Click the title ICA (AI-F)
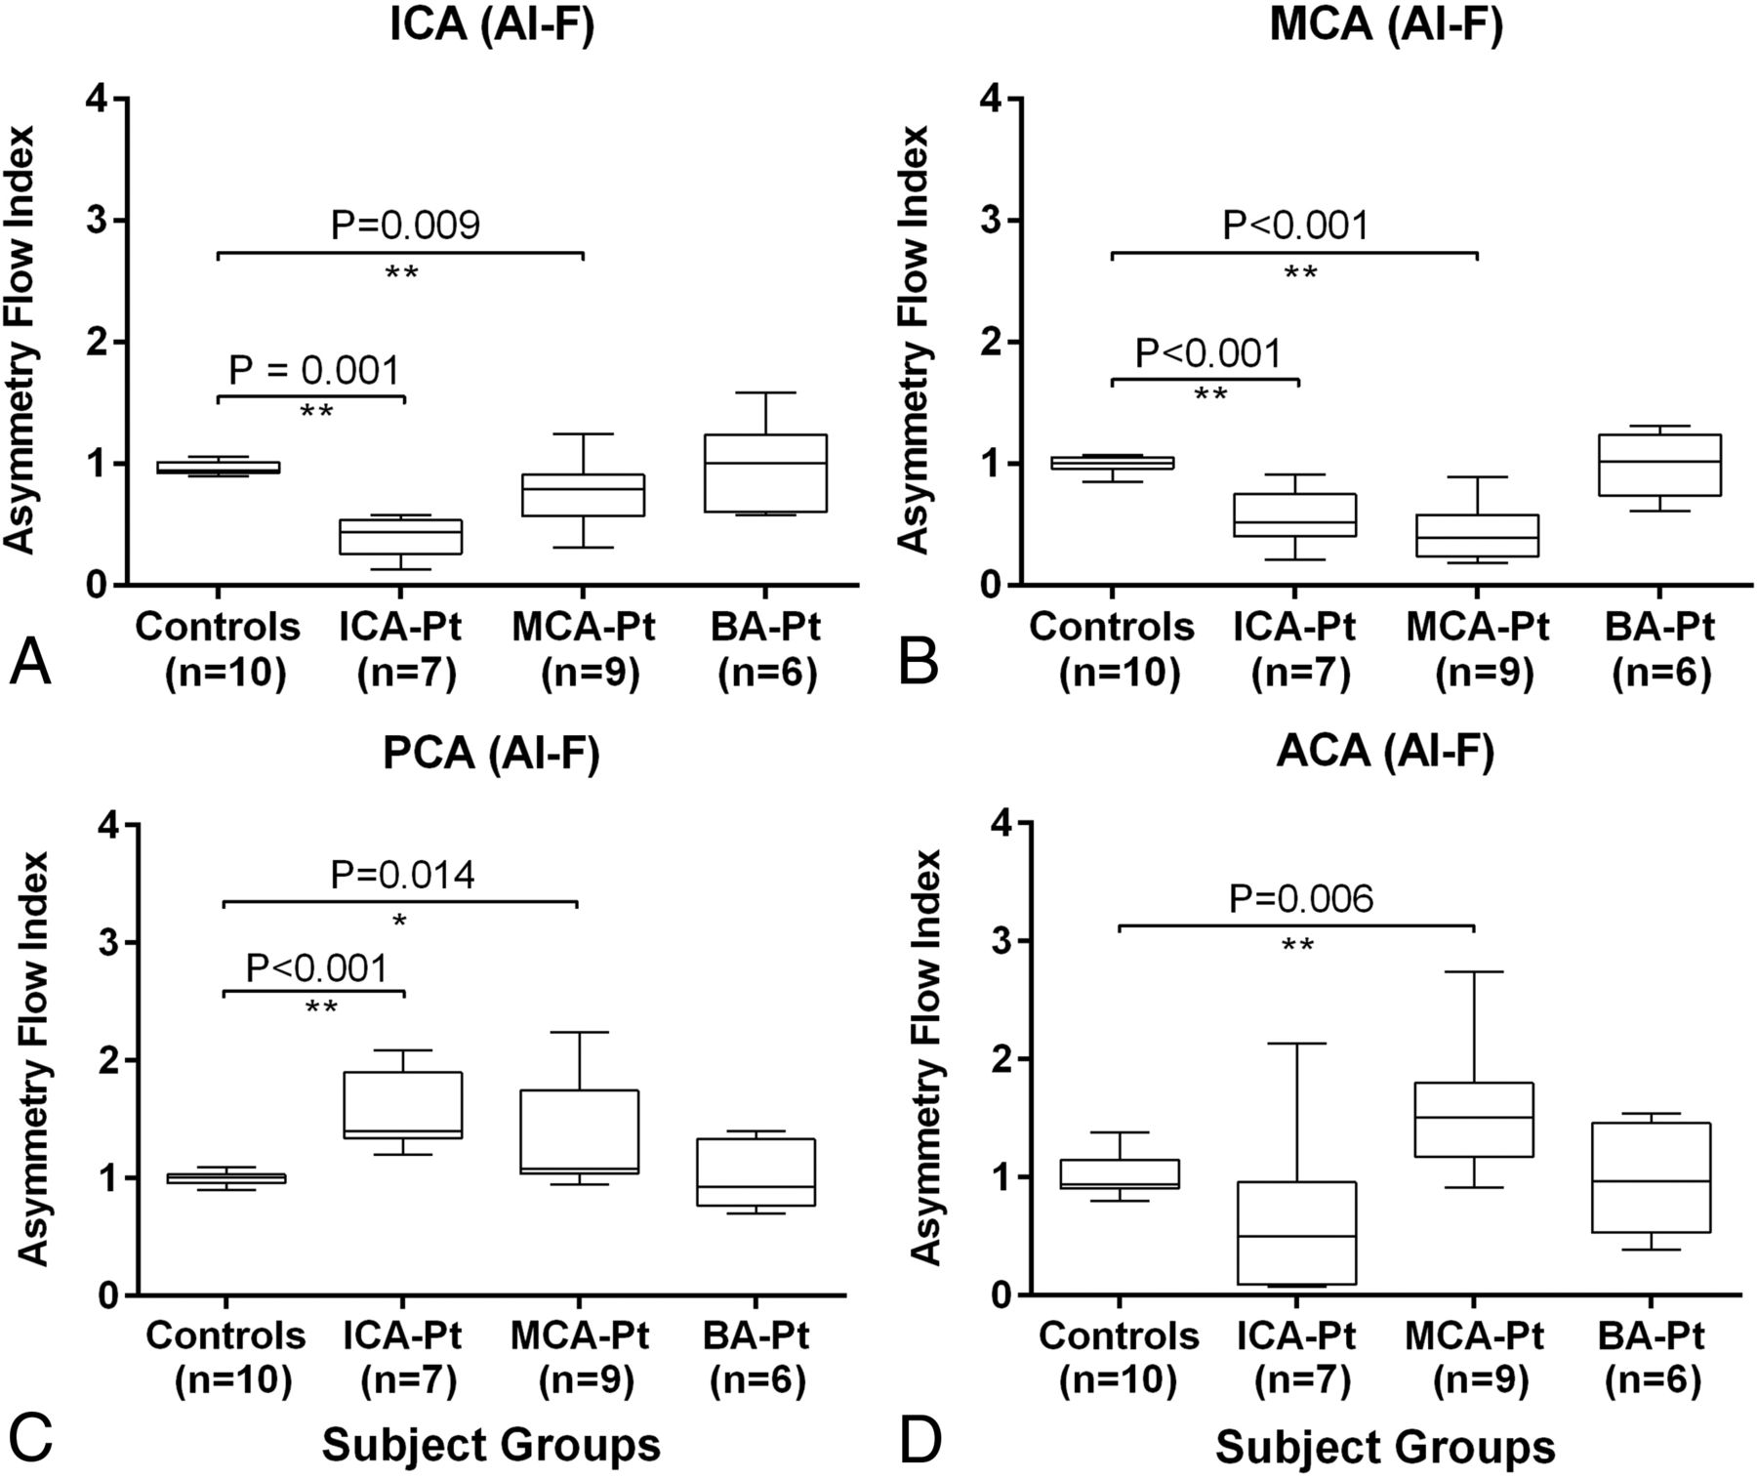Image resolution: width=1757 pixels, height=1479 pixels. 491,24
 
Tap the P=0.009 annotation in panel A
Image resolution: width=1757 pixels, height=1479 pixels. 405,226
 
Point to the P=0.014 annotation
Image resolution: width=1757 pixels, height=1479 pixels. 402,876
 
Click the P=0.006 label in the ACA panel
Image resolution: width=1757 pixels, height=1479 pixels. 1300,899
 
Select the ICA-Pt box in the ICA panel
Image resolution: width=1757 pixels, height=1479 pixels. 400,536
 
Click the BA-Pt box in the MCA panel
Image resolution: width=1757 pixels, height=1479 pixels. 1660,465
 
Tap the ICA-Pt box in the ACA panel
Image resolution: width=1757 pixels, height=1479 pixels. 1297,1233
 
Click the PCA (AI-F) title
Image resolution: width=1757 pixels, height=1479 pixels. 491,755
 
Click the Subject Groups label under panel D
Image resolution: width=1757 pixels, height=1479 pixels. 1384,1447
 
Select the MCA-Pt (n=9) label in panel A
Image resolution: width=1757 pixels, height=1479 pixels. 583,650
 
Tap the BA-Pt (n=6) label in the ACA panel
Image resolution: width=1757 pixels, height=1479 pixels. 1651,1358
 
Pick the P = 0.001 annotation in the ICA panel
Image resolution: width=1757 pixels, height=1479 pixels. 313,371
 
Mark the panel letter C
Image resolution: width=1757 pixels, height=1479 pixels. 29,1441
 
